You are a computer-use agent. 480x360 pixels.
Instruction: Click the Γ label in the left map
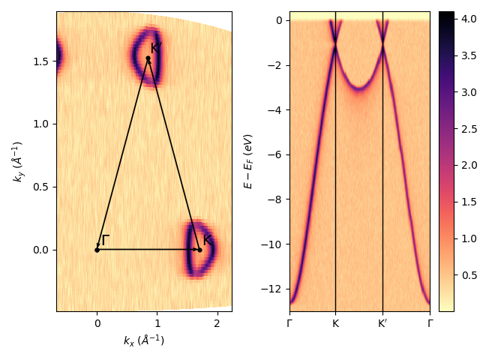105,240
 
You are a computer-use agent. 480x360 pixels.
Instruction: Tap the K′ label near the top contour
157,48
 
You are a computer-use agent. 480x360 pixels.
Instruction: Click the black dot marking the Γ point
97,250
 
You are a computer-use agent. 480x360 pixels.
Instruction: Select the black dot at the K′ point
148,58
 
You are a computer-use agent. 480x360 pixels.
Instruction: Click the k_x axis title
144,340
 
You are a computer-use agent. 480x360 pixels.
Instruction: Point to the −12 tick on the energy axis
273,289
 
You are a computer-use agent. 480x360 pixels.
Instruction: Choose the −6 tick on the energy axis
275,154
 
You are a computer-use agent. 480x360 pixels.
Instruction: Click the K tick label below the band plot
335,324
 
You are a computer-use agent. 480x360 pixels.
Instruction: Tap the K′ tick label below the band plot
382,324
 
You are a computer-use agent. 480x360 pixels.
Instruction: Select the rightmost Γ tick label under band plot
430,324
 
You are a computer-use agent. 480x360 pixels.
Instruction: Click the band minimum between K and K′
358,88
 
